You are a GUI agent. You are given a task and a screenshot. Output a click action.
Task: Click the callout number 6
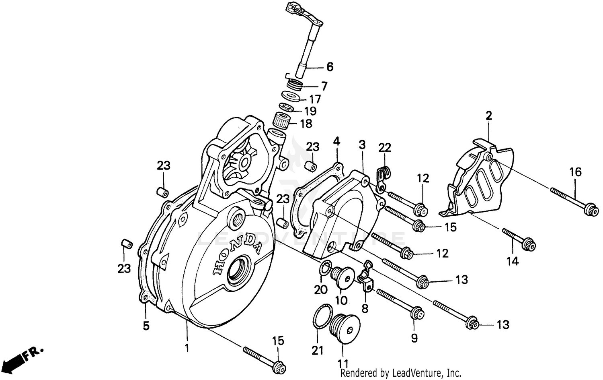(x=330, y=67)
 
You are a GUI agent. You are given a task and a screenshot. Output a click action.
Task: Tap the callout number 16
(x=575, y=172)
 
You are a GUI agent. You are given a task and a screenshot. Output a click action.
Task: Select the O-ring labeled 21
(x=321, y=317)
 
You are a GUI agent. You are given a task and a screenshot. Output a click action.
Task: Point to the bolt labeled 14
(x=519, y=238)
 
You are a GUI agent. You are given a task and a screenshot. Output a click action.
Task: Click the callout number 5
(x=146, y=326)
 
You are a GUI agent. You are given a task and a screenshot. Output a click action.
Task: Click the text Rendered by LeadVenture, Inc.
(x=401, y=373)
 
